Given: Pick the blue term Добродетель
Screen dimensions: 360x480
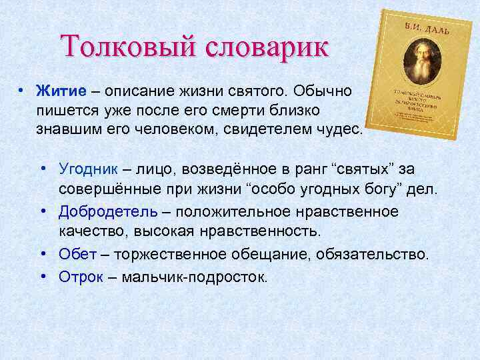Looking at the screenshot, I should pyautogui.click(x=108, y=211).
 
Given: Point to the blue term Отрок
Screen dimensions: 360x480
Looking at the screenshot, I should pyautogui.click(x=81, y=275).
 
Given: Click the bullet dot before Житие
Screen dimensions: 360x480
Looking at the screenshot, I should pyautogui.click(x=22, y=89).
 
